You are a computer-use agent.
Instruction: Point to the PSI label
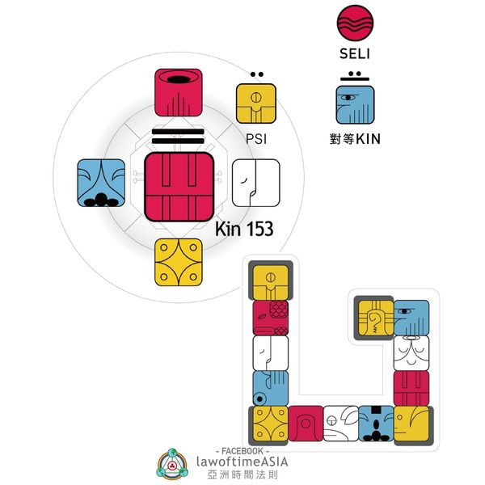(255, 139)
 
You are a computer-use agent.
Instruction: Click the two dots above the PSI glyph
(255, 76)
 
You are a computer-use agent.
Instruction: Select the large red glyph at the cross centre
(179, 187)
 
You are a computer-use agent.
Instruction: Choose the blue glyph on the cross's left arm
(101, 183)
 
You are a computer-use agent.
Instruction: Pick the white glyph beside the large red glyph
(255, 183)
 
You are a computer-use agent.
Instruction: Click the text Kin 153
(244, 230)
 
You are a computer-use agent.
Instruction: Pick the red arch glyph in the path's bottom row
(306, 424)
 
